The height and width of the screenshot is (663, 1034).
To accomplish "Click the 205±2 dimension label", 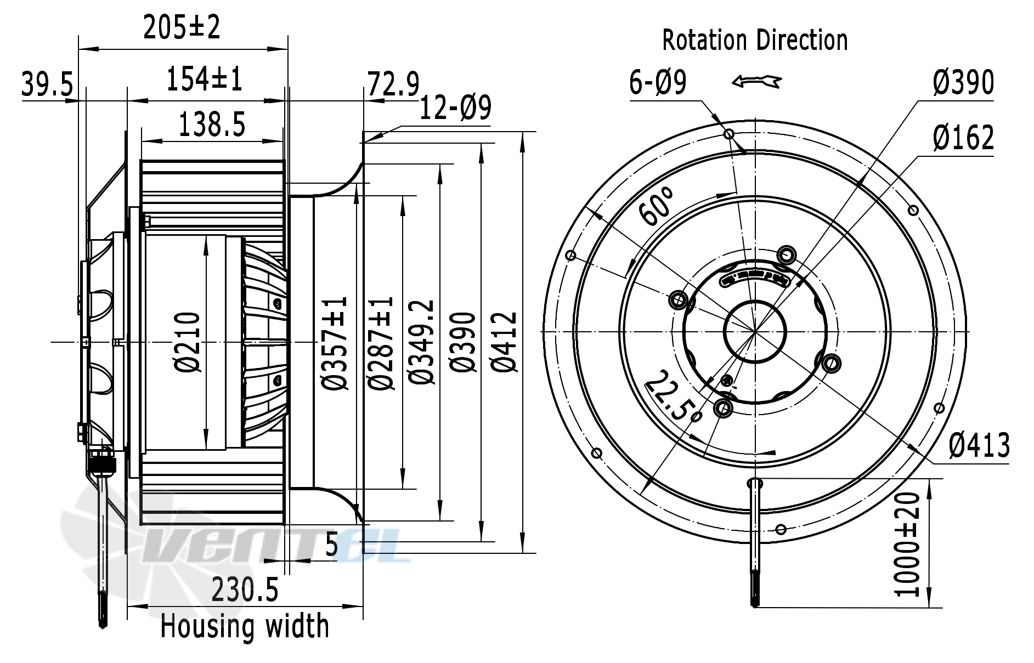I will (182, 27).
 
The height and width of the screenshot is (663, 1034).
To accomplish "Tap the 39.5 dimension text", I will (47, 84).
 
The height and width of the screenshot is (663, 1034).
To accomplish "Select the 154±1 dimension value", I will (204, 80).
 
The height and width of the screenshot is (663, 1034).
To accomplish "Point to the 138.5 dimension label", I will (212, 125).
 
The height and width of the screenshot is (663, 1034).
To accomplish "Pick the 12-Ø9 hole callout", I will (455, 109).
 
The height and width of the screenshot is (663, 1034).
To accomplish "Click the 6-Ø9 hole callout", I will (657, 83).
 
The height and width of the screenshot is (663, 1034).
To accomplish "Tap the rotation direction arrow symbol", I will (756, 82).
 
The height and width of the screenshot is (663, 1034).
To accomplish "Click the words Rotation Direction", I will (755, 41).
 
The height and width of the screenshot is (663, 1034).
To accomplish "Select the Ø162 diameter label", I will (963, 138).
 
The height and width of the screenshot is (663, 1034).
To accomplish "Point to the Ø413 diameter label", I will (979, 445).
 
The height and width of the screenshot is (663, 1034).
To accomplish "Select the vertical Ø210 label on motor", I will (188, 342).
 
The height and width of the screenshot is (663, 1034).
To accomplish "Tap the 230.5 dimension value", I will (245, 591).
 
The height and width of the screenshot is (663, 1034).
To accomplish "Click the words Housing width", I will (245, 626).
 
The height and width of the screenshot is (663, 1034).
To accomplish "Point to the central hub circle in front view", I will (755, 331).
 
